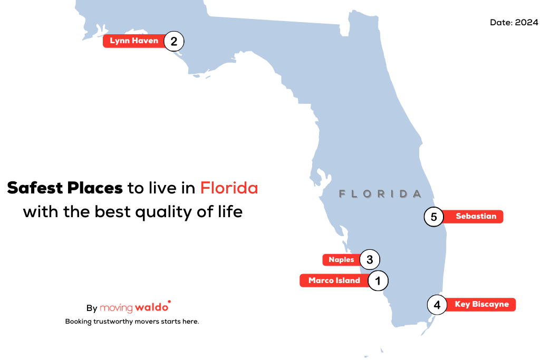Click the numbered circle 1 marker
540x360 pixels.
point(378,280)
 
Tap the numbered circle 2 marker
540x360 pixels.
point(173,41)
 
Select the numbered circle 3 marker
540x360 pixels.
point(370,259)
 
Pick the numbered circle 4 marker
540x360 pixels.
point(437,305)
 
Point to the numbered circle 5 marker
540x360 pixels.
point(433,217)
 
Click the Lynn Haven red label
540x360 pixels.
point(134,41)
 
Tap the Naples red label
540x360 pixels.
point(341,260)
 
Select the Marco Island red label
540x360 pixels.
point(334,280)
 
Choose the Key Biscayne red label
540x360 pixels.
point(481,305)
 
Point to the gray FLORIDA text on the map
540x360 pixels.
point(380,194)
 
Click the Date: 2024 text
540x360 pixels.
point(514,23)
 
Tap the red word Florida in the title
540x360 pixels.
point(229,188)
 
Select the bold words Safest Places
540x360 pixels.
point(65,188)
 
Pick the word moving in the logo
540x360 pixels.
point(116,308)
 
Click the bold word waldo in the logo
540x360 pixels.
point(151,307)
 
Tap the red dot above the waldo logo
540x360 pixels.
point(169,302)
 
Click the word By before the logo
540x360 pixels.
point(92,308)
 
